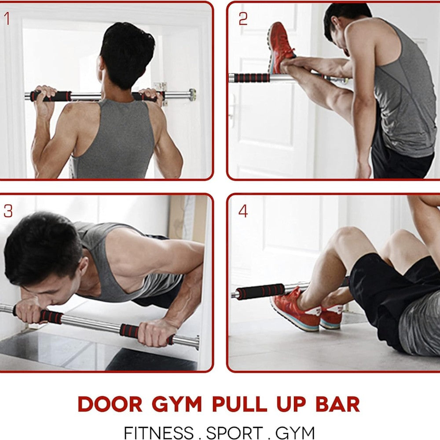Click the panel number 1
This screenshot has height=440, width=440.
[7, 19]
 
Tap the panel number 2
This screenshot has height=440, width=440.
[243, 19]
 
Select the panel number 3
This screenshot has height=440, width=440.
[8, 211]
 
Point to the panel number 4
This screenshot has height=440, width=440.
[243, 211]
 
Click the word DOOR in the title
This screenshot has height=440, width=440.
[110, 404]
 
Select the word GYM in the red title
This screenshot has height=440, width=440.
[177, 404]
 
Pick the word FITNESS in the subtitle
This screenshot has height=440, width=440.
[159, 433]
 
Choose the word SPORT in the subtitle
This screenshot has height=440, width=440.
[235, 433]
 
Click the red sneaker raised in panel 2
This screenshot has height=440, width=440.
[281, 47]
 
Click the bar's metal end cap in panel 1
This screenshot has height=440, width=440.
[192, 95]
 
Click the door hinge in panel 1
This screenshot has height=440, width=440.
[160, 86]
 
